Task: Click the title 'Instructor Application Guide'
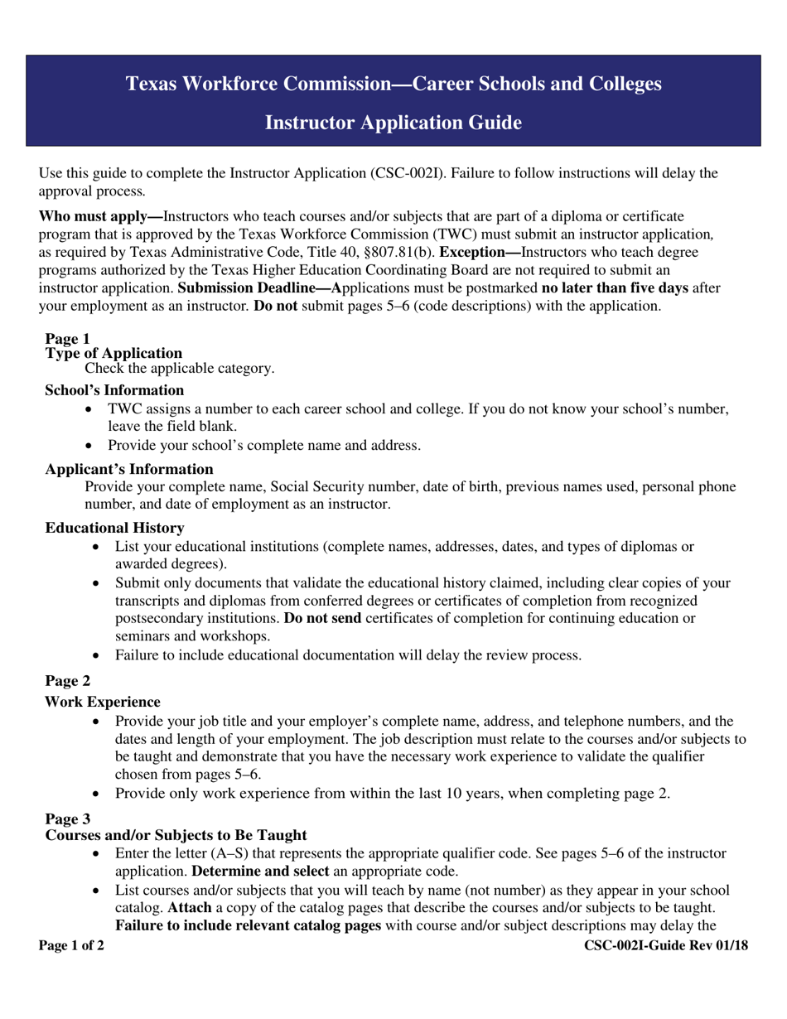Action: pyautogui.click(x=393, y=123)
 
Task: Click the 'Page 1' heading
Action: pyautogui.click(x=67, y=339)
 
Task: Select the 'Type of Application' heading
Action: pyautogui.click(x=113, y=353)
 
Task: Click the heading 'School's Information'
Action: pyautogui.click(x=114, y=390)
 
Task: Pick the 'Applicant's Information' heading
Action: pyautogui.click(x=128, y=469)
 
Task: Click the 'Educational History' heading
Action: pyautogui.click(x=114, y=528)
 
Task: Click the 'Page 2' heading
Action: pyautogui.click(x=67, y=681)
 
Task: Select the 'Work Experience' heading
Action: pyautogui.click(x=102, y=702)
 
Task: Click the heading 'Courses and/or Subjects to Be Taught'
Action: pyautogui.click(x=176, y=835)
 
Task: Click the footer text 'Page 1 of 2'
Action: pyautogui.click(x=71, y=946)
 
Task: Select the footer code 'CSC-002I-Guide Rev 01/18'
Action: pyautogui.click(x=666, y=946)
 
